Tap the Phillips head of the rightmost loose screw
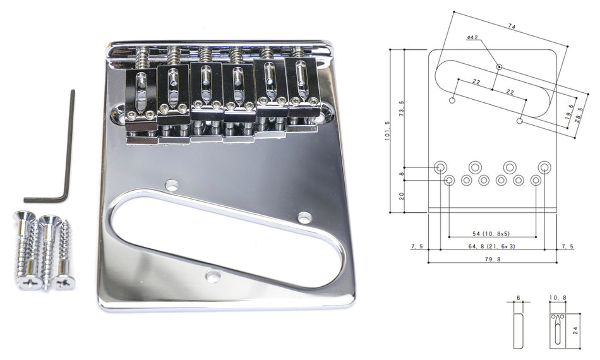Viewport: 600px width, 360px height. click(x=64, y=282)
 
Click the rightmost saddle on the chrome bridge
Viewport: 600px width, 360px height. click(x=304, y=88)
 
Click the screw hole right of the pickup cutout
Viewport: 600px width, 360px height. click(x=304, y=217)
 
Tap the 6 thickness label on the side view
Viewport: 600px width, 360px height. click(x=517, y=297)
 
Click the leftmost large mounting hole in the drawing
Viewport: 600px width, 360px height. click(x=440, y=167)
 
